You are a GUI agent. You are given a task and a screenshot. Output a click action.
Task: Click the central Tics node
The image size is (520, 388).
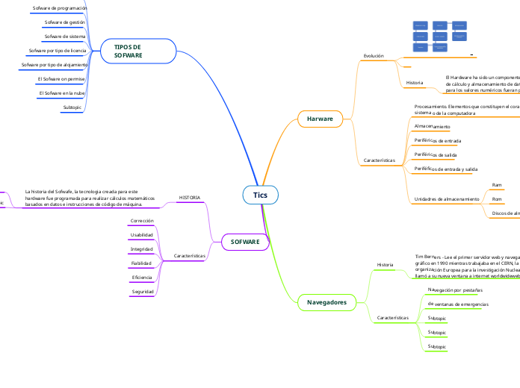click(x=260, y=195)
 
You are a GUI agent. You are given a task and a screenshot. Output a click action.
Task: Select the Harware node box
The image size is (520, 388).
click(x=320, y=119)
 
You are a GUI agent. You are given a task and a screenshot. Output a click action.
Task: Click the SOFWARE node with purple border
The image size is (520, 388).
click(x=245, y=242)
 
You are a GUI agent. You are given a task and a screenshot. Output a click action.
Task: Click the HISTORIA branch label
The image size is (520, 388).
click(x=189, y=198)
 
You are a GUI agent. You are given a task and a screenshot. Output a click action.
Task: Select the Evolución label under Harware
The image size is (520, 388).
click(x=374, y=56)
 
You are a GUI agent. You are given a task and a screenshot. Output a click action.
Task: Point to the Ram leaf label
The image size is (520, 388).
click(x=496, y=184)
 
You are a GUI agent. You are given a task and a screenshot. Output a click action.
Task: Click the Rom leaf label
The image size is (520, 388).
click(x=496, y=199)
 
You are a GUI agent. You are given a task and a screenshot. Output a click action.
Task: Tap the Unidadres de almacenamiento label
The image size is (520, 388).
click(x=446, y=199)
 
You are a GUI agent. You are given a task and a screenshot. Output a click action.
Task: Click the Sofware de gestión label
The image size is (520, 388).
click(x=64, y=22)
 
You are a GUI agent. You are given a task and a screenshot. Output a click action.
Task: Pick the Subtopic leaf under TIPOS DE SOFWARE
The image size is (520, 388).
click(x=72, y=107)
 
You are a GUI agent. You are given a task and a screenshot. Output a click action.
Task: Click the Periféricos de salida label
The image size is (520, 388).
click(x=435, y=155)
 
